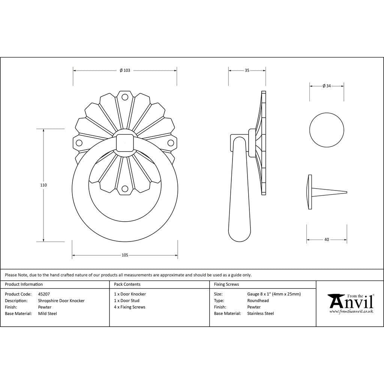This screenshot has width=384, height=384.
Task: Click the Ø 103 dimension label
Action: coord(125,70)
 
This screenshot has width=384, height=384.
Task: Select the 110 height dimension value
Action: coord(43,185)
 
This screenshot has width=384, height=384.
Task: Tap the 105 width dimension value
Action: coord(125,255)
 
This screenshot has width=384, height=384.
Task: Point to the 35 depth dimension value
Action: coord(247,70)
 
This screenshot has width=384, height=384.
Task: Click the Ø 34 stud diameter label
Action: coord(327,86)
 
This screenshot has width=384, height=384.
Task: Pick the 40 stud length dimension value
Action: coord(327,240)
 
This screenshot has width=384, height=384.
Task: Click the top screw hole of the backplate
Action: coord(125,97)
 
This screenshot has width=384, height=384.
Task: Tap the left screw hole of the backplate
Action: coord(79,143)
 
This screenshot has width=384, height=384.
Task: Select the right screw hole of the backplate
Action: coord(171,143)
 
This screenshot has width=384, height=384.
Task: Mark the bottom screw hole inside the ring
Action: coord(125,189)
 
